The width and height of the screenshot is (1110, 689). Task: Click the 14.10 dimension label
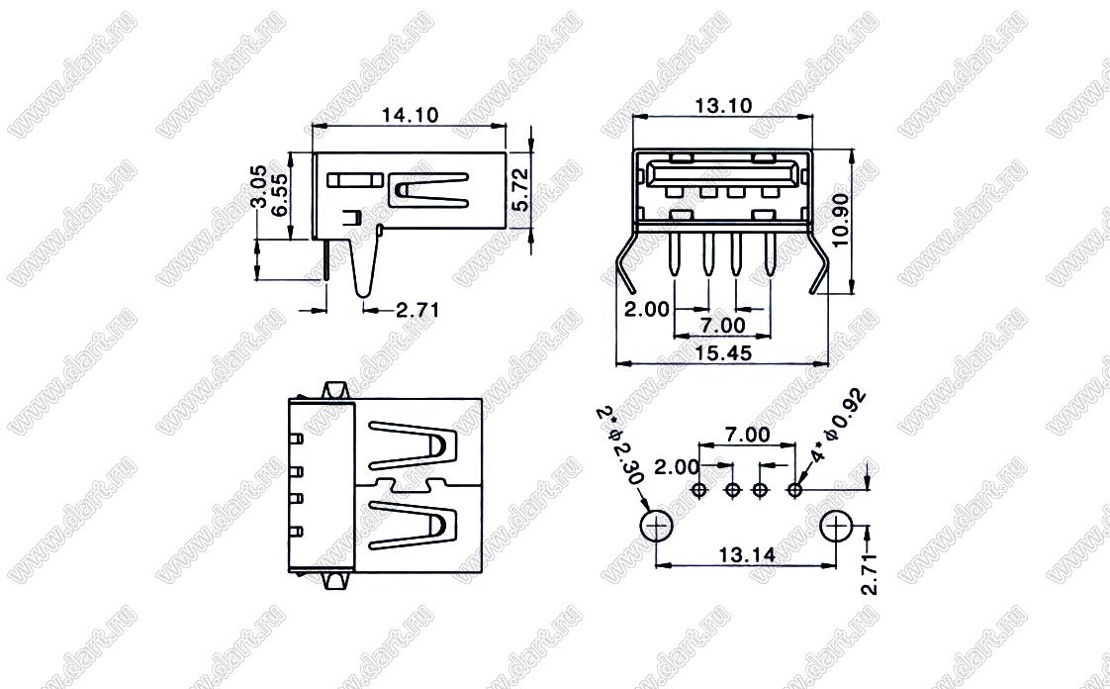pyautogui.click(x=410, y=115)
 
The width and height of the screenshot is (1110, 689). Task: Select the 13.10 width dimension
pyautogui.click(x=723, y=106)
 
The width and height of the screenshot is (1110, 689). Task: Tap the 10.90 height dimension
pyautogui.click(x=841, y=220)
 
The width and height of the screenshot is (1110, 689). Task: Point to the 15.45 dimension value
pyautogui.click(x=723, y=352)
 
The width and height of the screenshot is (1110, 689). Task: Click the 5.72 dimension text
pyautogui.click(x=520, y=190)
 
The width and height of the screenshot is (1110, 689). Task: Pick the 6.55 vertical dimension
pyautogui.click(x=280, y=195)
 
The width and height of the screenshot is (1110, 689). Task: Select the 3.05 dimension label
pyautogui.click(x=258, y=186)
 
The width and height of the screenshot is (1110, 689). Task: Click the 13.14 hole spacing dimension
pyautogui.click(x=747, y=554)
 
